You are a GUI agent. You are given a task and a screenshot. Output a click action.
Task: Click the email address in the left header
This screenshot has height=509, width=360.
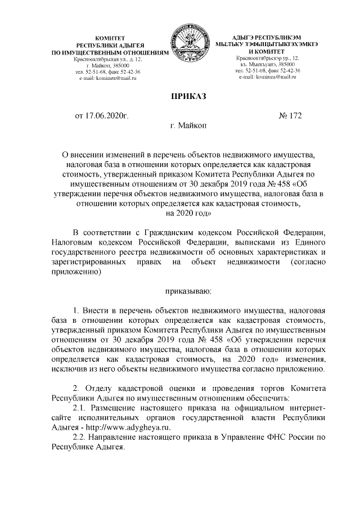111,79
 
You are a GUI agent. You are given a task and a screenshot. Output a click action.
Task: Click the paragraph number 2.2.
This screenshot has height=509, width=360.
82,439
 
